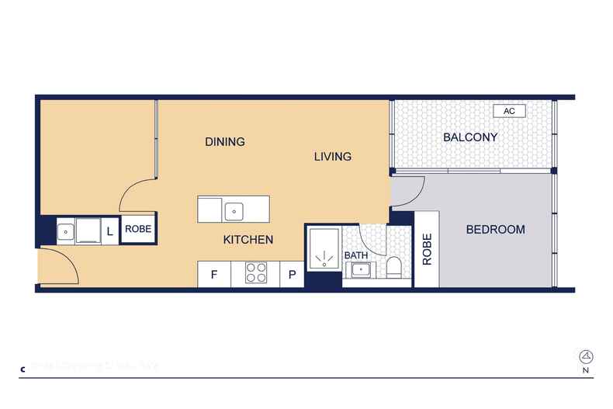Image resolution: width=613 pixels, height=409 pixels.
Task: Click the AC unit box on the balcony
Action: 509,111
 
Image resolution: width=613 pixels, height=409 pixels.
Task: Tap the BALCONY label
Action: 470,137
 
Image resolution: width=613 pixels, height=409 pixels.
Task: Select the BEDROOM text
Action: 495,230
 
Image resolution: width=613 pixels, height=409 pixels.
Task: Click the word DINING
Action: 225,141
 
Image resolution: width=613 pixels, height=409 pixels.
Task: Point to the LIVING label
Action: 332,157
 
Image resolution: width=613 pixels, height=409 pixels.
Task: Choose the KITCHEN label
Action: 248,240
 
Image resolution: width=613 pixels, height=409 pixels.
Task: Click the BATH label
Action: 356,255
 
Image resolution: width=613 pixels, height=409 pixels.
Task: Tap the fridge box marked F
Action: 213,274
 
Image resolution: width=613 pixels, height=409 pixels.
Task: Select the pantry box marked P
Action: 292,274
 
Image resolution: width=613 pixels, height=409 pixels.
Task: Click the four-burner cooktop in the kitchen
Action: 256,273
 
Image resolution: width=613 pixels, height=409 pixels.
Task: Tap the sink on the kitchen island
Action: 234,210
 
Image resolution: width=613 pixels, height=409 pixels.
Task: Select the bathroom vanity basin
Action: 360,270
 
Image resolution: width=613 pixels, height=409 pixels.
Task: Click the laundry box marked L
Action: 109,230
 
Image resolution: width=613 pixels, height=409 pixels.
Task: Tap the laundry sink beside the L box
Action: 68,230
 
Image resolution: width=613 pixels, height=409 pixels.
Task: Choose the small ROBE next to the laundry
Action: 139,230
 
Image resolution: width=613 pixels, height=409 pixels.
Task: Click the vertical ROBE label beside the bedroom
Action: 427,249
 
